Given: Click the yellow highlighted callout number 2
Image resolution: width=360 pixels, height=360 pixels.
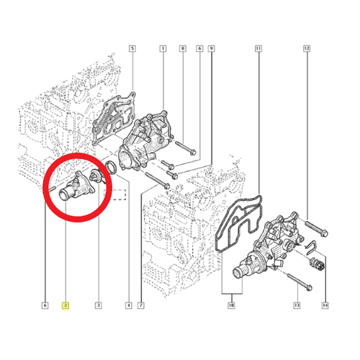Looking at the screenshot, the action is (x=66, y=305).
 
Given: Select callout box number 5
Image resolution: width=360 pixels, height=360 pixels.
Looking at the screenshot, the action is (x=132, y=48).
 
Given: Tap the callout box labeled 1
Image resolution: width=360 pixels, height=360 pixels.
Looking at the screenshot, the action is (x=163, y=48).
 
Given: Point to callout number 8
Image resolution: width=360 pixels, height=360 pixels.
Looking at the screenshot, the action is (x=183, y=48).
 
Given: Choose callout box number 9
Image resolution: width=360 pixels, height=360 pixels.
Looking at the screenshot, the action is (x=211, y=48).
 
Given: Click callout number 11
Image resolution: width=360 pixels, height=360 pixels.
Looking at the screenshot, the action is (x=258, y=48).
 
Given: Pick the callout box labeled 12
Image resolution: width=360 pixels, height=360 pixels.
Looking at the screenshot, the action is (x=307, y=48).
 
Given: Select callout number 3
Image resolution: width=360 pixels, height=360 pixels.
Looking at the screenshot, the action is (x=98, y=305).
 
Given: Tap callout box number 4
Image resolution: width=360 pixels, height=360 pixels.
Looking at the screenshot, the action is (x=129, y=305).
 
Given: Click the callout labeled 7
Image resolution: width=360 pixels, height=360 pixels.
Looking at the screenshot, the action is (x=141, y=305).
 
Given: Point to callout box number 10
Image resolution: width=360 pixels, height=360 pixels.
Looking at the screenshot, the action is (x=231, y=305).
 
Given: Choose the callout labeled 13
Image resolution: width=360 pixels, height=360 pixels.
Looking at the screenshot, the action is (x=297, y=305).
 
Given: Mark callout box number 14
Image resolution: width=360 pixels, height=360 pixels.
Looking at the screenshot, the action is (x=325, y=305).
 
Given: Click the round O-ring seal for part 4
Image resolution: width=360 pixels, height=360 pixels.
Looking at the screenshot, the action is (x=111, y=167).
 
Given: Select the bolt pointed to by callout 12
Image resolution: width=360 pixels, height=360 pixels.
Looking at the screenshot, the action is (x=316, y=229).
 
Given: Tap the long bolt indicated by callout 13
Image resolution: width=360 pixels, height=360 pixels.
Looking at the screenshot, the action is (x=300, y=282).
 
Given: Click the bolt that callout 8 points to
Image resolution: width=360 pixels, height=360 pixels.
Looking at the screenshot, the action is (x=186, y=148).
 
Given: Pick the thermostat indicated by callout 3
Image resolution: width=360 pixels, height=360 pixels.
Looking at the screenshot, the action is (x=96, y=176).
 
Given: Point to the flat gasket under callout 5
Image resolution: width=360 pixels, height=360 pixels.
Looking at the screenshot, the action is (x=114, y=118).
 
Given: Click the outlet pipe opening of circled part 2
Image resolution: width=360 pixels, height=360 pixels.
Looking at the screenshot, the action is (x=64, y=194).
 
